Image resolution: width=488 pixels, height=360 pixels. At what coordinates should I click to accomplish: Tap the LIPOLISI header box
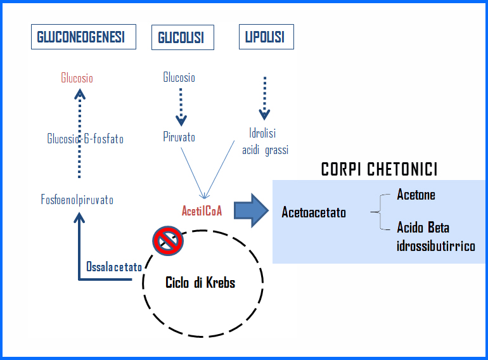[x=266, y=37]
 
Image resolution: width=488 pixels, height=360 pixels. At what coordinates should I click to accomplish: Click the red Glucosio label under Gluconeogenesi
[x=77, y=78]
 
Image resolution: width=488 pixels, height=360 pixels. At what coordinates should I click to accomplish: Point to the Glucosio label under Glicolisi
[x=179, y=77]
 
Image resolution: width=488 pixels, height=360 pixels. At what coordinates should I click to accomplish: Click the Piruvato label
[x=179, y=137]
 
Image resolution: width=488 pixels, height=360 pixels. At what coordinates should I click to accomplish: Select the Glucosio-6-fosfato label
[x=85, y=139]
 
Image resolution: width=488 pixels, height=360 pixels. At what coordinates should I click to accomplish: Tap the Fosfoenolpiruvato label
[x=77, y=200]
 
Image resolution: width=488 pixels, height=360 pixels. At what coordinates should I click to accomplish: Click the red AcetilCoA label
[x=202, y=211]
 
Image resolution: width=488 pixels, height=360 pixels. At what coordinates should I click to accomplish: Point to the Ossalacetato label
[x=113, y=267]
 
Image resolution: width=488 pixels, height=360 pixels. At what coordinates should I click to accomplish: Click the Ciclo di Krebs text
[x=200, y=283]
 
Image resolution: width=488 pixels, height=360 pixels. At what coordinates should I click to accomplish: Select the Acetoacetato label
[x=314, y=212]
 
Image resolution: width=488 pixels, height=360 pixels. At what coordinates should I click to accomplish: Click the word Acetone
[x=416, y=195]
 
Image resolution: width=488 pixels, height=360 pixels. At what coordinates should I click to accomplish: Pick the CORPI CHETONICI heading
[x=379, y=169]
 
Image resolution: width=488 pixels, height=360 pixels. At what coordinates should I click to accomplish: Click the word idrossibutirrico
[x=436, y=246]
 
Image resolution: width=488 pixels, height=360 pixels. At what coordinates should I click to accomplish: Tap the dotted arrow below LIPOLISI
[x=264, y=98]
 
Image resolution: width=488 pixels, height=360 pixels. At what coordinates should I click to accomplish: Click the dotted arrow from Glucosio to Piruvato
[x=181, y=106]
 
